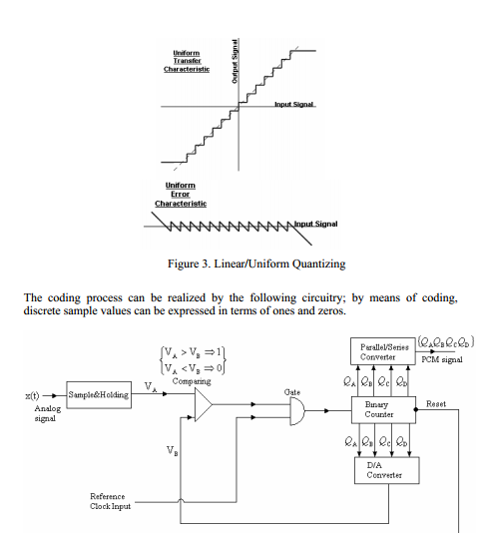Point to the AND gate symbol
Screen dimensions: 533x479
pyautogui.click(x=295, y=406)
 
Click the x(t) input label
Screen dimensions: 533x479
pyautogui.click(x=33, y=395)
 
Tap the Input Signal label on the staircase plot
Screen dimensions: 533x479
pyautogui.click(x=295, y=103)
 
